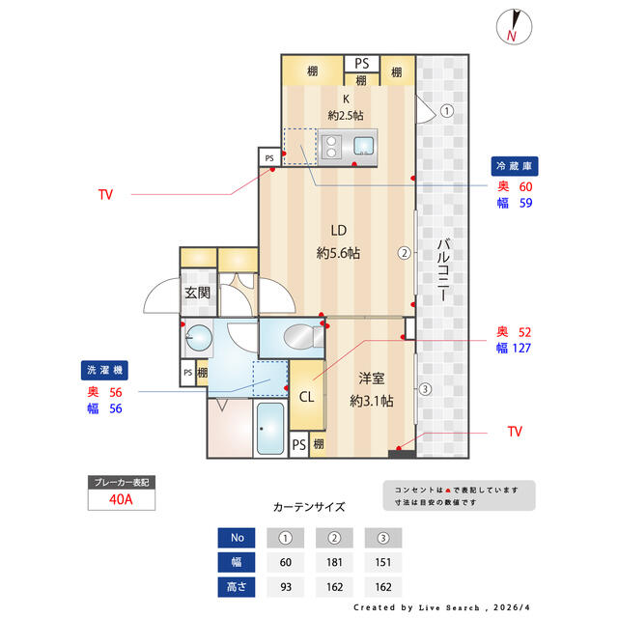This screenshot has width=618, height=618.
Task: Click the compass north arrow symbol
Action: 514,26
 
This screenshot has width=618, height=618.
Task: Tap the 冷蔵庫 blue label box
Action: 515,166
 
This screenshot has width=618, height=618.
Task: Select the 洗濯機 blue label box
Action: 104,370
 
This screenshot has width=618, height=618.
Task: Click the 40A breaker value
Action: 121,499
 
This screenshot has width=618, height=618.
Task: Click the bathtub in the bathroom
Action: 270,429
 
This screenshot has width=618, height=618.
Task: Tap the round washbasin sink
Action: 199,338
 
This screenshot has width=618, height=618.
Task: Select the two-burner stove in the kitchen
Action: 331,147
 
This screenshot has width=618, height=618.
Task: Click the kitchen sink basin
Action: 363,146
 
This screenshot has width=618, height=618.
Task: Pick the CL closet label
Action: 307,397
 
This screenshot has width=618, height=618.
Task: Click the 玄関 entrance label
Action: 197,293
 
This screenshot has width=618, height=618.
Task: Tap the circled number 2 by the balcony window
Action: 404,253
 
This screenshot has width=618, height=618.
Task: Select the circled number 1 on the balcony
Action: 446,111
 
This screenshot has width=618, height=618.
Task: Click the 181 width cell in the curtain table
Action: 334,562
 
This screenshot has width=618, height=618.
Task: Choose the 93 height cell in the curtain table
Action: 286,587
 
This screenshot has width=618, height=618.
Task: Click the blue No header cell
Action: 237,538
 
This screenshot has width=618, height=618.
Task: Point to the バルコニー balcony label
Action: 443,270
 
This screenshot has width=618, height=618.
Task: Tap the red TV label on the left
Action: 105,194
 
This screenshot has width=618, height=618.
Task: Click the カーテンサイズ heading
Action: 309,507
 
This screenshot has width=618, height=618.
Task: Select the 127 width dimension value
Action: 521,348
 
